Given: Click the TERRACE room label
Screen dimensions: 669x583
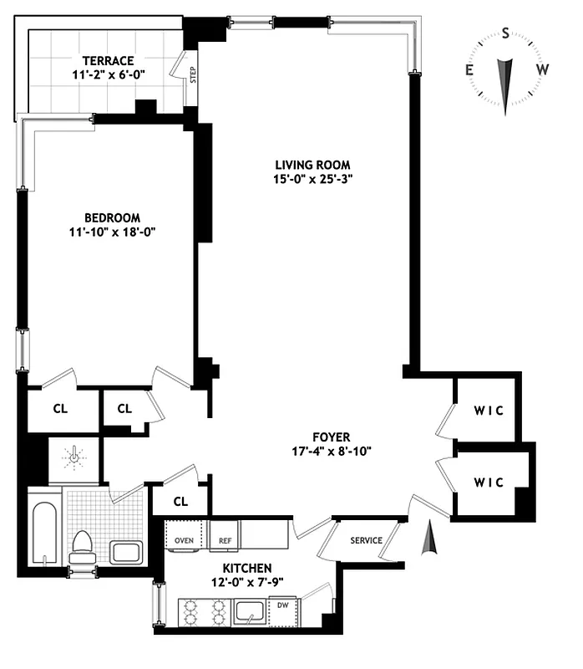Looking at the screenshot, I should coord(109,60).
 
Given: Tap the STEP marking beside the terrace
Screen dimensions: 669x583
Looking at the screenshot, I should coord(192,77).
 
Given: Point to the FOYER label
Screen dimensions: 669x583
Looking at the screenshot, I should coord(331,437).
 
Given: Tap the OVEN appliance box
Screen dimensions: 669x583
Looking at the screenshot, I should coord(185,540).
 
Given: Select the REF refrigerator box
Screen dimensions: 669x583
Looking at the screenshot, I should coord(225,540).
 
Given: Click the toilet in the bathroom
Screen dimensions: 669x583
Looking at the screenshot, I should coord(82,548).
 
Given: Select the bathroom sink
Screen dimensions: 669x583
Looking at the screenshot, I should coord(126,552).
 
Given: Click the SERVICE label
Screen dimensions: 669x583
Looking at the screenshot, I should coord(366,540).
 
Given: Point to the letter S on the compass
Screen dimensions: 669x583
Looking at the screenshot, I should coord(505,33).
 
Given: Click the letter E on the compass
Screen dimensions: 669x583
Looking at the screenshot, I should coord(470,70).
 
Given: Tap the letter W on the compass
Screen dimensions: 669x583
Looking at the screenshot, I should coord(542,70).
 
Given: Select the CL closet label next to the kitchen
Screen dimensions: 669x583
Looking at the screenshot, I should coord(180,502).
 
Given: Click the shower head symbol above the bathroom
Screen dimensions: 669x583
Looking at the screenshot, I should coord(74,457).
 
